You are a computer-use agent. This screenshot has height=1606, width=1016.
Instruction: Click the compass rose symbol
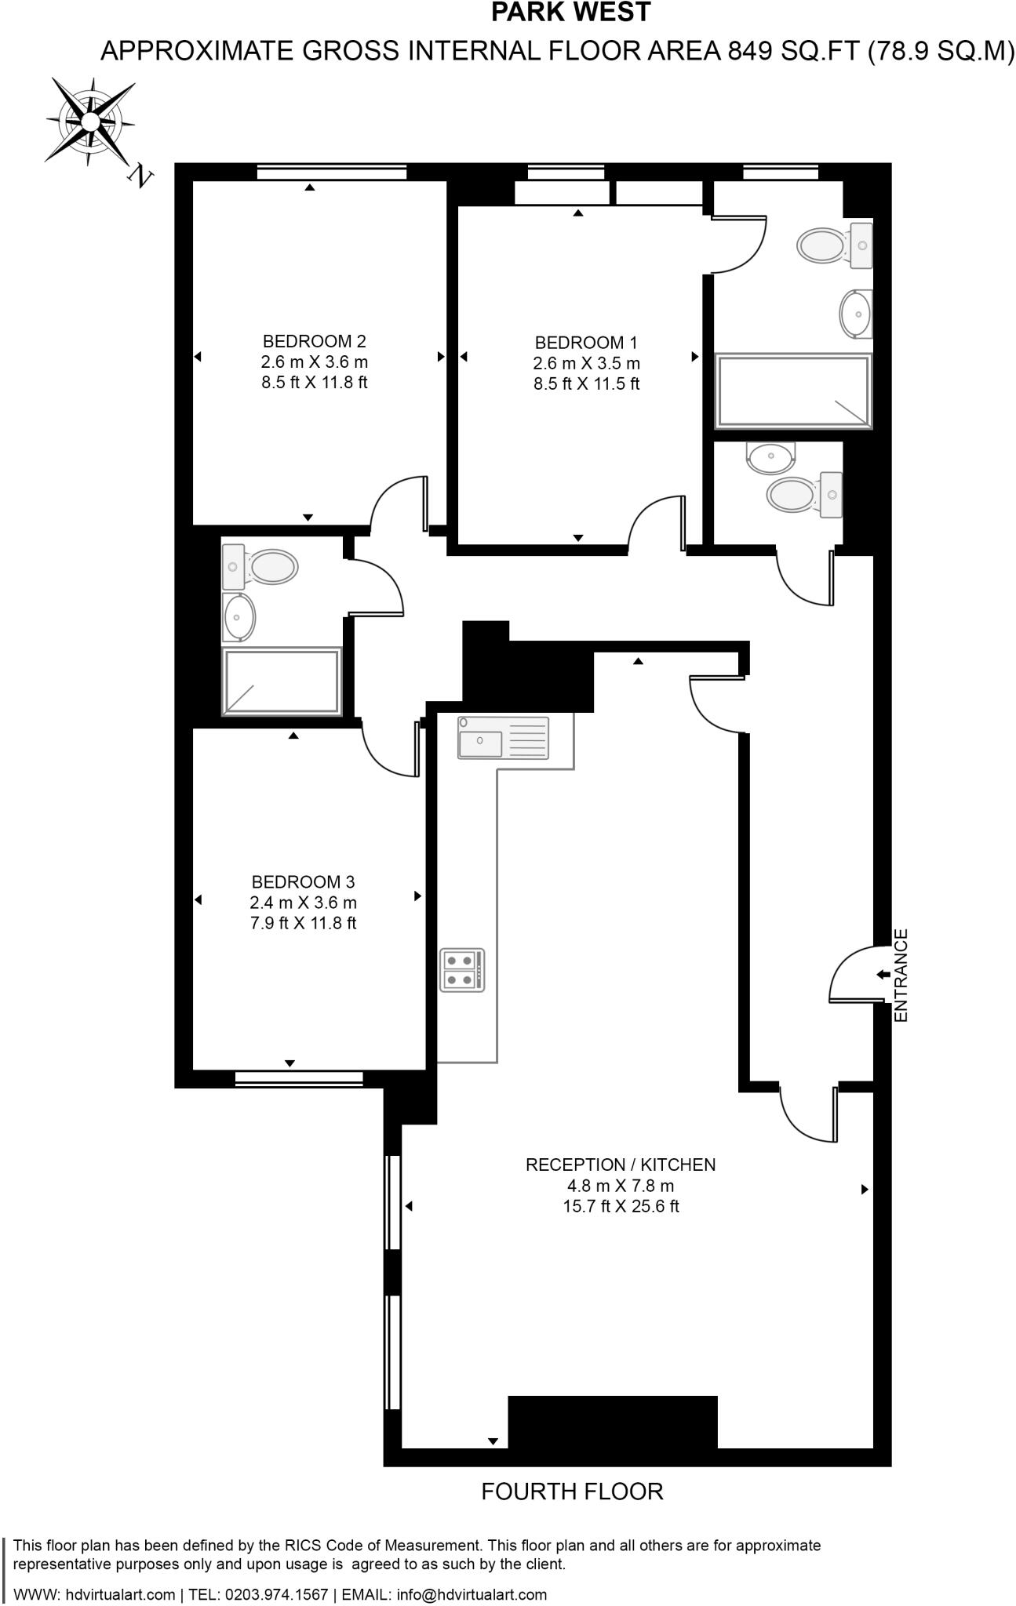coord(90,122)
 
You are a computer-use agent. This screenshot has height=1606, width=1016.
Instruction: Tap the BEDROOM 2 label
coord(314,341)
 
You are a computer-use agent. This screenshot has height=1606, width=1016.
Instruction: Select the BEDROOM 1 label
coord(586,343)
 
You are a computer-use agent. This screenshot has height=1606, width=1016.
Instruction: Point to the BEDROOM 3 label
coord(303,882)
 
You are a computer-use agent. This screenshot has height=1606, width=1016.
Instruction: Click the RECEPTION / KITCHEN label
coord(621,1165)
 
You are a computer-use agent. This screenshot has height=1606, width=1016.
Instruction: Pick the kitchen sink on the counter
coord(503,738)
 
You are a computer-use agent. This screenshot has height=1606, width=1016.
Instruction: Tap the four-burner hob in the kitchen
coord(462,970)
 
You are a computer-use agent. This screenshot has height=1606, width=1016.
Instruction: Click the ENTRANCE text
coord(901,975)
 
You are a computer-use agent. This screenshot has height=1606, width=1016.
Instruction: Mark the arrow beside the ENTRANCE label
coord(883,975)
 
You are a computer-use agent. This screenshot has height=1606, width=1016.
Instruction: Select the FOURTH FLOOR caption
coord(572,1492)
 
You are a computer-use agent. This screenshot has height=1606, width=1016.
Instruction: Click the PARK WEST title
coord(570,13)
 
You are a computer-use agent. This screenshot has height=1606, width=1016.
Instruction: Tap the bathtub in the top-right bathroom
coord(792,391)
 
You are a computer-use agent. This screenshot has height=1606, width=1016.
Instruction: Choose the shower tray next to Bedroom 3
coord(282,681)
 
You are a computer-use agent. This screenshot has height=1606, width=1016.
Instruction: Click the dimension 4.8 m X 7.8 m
coord(621,1186)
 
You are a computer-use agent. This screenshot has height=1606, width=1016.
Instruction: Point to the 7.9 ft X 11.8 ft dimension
coord(303,923)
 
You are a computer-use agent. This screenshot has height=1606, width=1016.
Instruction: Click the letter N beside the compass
coord(140,176)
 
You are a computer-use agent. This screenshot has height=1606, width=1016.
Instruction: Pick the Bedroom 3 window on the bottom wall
coord(299,1078)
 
